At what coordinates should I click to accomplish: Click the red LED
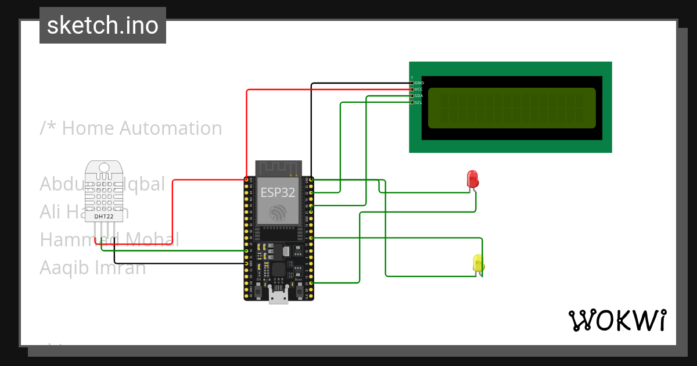click(x=472, y=178)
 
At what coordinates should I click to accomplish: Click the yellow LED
click(x=478, y=263)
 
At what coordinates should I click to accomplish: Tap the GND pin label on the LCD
click(x=419, y=83)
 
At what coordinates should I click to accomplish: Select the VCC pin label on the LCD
click(x=419, y=89)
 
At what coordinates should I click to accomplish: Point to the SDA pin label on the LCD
click(x=419, y=96)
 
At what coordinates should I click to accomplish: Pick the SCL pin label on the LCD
click(x=419, y=102)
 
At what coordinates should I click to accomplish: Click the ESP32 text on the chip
click(x=278, y=192)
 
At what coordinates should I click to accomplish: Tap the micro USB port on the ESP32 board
click(x=278, y=296)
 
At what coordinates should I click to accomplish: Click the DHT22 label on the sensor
click(x=105, y=217)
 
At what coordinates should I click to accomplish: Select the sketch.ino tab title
click(x=103, y=26)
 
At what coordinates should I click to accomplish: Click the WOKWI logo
click(x=617, y=320)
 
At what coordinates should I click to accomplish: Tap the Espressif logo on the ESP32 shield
click(x=278, y=212)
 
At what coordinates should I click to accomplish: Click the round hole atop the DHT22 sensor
click(x=105, y=168)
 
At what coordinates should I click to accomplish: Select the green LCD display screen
click(x=512, y=108)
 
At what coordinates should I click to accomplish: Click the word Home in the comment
click(x=86, y=128)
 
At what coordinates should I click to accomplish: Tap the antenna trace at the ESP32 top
click(x=278, y=168)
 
